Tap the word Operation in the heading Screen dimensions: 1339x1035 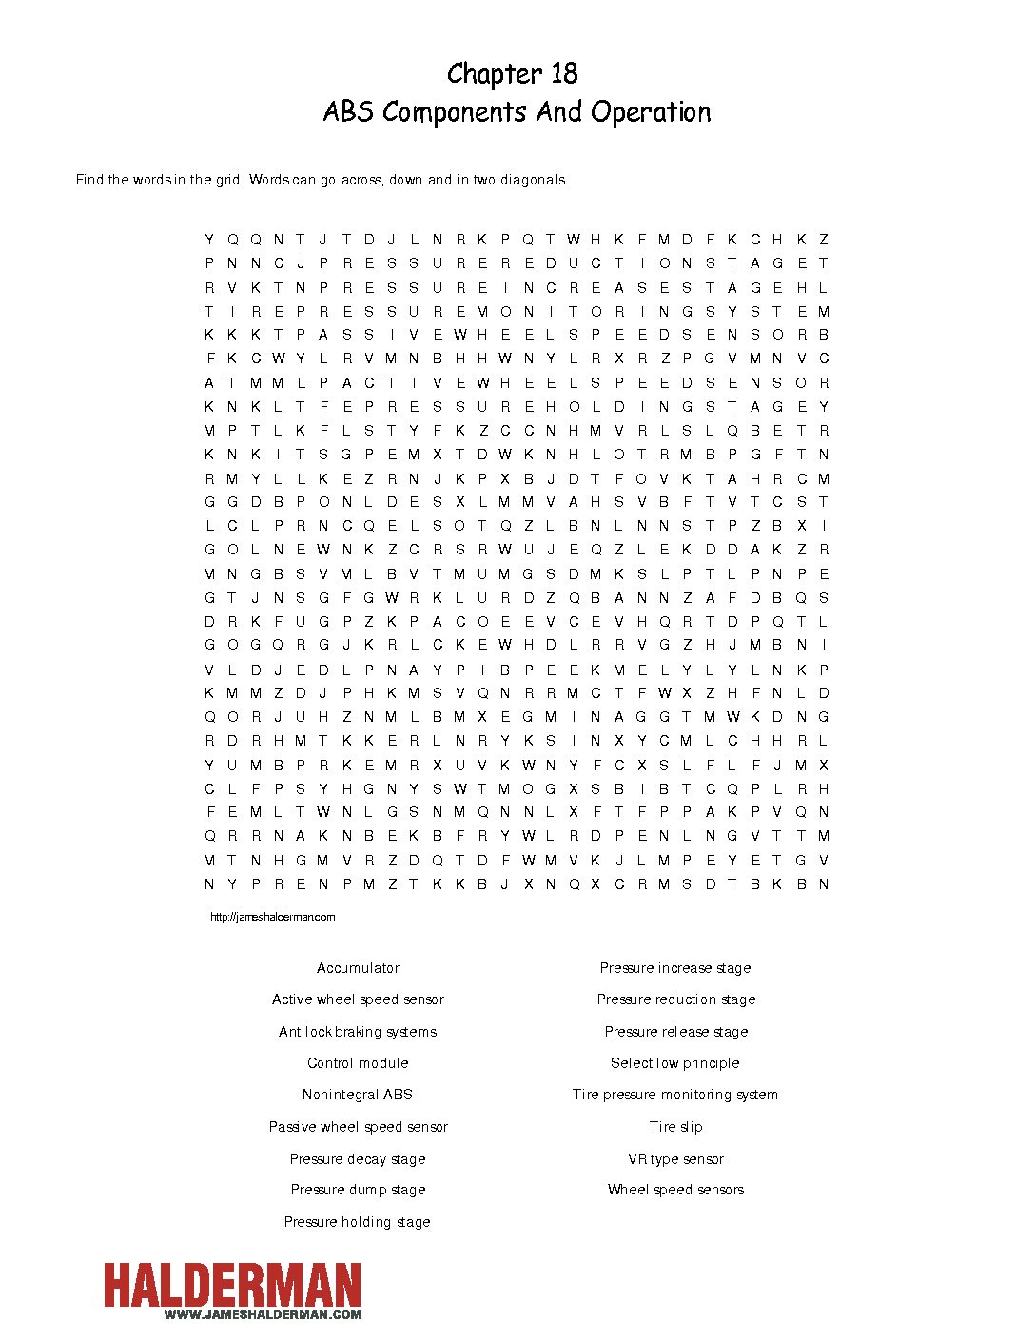coord(651,112)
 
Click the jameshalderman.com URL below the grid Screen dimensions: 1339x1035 coord(272,917)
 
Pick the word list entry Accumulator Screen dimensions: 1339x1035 coord(358,968)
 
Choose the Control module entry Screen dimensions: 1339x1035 coord(358,1063)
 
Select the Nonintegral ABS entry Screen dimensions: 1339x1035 coord(358,1095)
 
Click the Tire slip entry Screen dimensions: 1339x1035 coord(675,1127)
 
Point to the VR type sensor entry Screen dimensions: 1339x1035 coord(675,1159)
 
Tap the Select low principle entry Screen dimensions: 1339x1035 coord(675,1063)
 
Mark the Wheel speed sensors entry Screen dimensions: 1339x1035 coord(675,1190)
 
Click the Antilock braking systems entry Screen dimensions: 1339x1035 coord(358,1032)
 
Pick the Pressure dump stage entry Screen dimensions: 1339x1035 coord(358,1190)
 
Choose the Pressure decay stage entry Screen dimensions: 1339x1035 coord(358,1159)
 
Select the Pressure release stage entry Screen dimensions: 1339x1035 coord(675,1032)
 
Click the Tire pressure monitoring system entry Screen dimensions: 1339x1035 coord(675,1095)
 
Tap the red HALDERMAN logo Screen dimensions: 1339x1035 coord(232,1286)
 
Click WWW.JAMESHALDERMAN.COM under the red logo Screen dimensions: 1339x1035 coord(263,1315)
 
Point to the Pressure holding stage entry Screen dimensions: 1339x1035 coord(358,1222)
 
